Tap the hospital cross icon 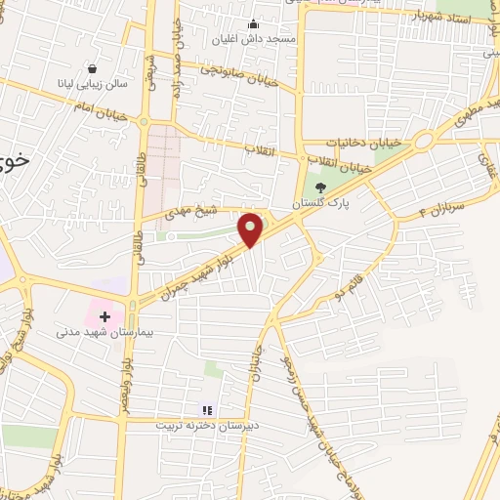point(104,317)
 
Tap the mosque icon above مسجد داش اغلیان point(254,24)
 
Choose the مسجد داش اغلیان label point(254,41)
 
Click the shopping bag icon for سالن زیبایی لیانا point(91,69)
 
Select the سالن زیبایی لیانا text point(91,85)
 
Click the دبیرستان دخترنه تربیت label point(205,426)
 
